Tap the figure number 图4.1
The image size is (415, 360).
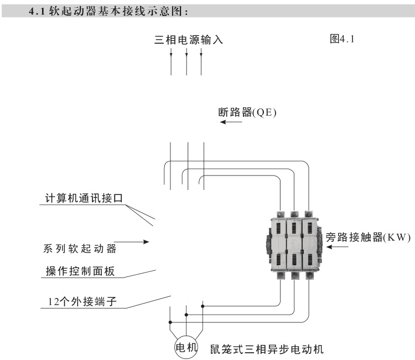coord(344,39)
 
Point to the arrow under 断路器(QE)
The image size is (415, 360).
coord(231,122)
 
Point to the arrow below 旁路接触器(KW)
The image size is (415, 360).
coord(338,247)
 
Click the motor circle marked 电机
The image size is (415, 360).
coord(186,347)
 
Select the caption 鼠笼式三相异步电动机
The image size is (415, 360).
coord(267,349)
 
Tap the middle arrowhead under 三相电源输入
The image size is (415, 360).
coord(186,54)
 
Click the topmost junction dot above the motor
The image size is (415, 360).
coord(203,306)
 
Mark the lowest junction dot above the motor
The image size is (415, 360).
coord(170,322)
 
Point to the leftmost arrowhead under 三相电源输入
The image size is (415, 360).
coord(171,54)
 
